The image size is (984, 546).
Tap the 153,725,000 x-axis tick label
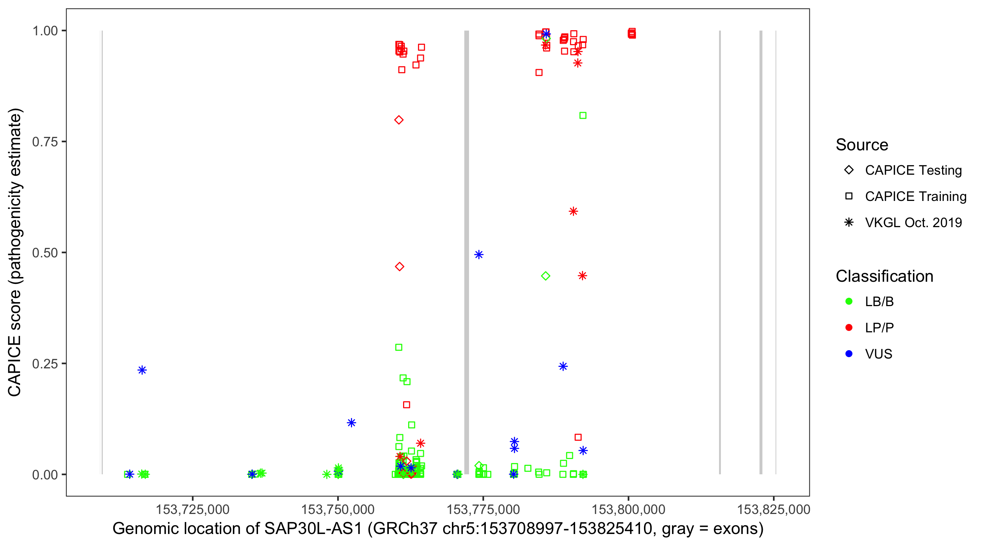[x=192, y=509]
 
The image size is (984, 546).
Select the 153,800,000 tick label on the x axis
[x=628, y=509]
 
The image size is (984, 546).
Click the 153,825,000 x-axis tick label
[x=773, y=509]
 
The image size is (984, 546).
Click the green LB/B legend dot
[x=849, y=301]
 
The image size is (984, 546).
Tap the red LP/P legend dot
[x=849, y=328]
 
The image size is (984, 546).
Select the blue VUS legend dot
[x=849, y=354]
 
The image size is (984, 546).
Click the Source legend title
[x=862, y=145]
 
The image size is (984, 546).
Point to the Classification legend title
[x=884, y=276]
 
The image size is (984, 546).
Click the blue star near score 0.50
[x=479, y=254]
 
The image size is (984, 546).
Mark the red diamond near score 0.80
[x=399, y=120]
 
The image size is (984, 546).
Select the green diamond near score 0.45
[x=546, y=276]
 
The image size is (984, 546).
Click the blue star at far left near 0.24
[x=142, y=370]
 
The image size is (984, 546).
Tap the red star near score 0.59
[x=573, y=211]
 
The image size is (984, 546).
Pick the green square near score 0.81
[x=583, y=116]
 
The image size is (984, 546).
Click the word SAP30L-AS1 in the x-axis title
[x=313, y=529]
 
